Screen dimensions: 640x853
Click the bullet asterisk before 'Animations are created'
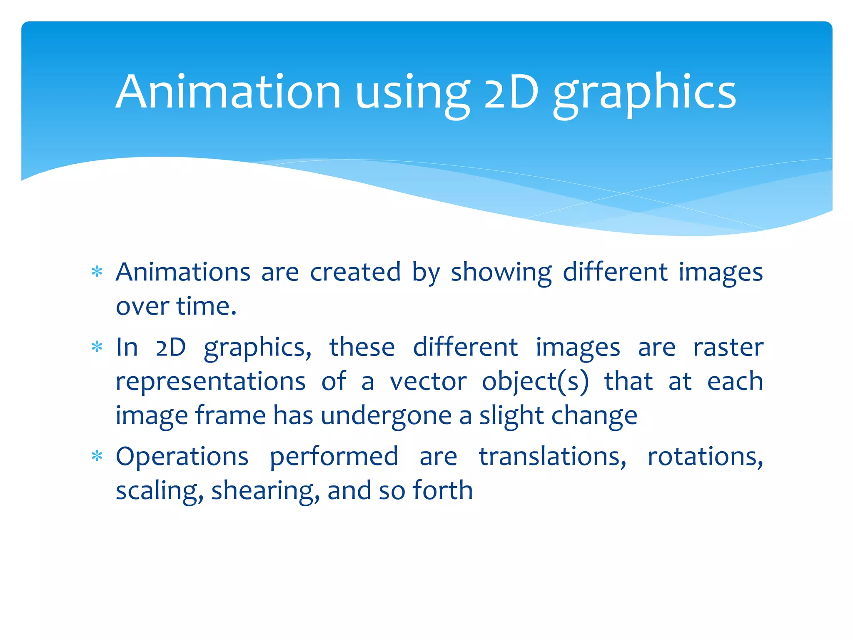point(97,272)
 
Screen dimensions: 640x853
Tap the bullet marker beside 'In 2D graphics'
point(97,347)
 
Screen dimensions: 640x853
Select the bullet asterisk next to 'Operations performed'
point(97,456)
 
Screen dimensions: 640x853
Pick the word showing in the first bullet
point(501,273)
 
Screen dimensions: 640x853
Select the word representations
point(210,382)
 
